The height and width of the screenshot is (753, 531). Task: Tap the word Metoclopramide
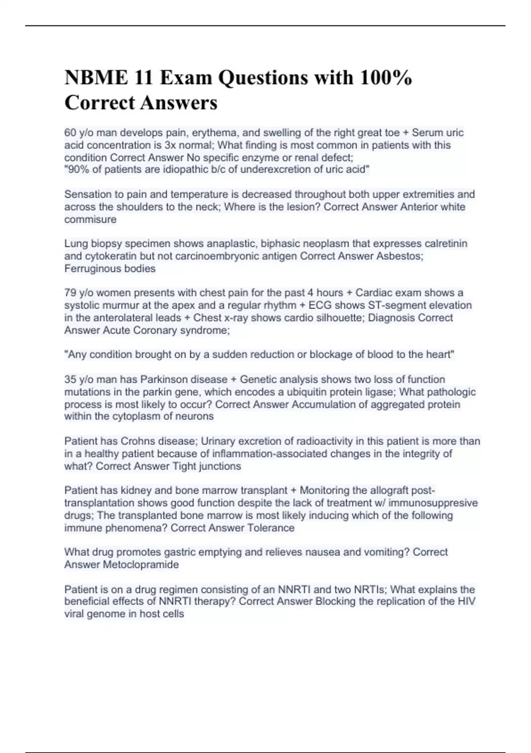[141, 564]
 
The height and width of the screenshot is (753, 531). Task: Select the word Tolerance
[271, 528]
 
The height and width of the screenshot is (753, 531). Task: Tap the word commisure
[90, 219]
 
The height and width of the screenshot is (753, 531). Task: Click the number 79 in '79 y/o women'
[70, 293]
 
